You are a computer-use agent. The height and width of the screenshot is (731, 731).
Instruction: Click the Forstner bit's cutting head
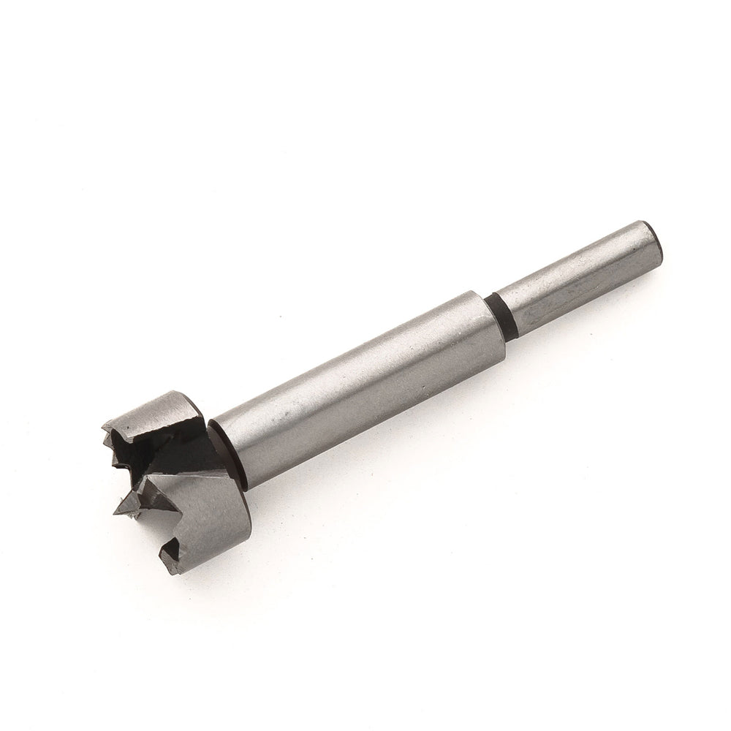click(172, 475)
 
